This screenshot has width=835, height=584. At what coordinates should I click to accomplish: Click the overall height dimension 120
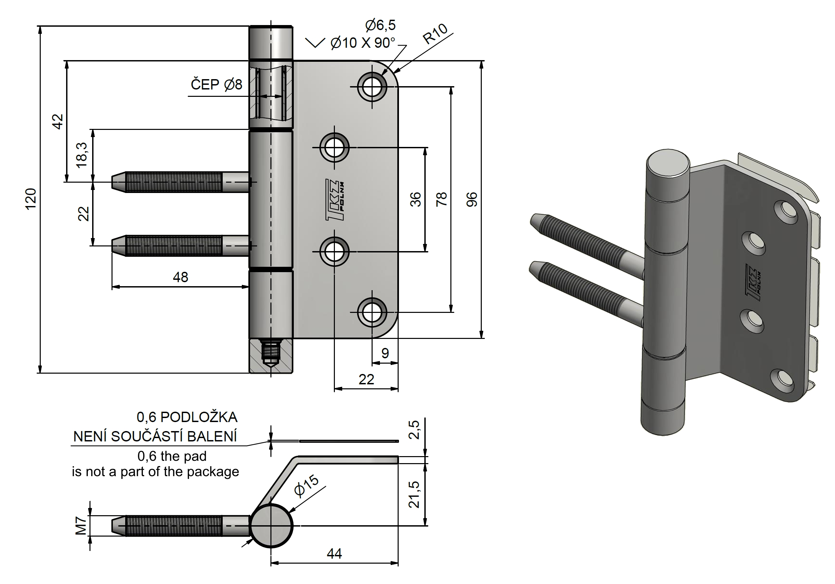pos(31,199)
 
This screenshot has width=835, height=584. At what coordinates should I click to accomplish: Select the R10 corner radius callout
pos(435,34)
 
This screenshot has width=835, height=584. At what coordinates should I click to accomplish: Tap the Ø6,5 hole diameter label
pos(380,25)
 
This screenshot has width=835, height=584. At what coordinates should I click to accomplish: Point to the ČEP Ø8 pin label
pos(216,85)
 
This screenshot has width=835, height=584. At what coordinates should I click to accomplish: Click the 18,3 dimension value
pos(82,155)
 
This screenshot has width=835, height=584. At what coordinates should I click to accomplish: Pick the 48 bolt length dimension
pos(180,277)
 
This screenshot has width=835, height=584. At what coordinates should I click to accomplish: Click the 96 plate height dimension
pos(472,199)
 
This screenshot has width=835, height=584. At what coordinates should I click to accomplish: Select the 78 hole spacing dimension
pos(441,199)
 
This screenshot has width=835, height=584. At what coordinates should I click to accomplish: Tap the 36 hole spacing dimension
pos(415,199)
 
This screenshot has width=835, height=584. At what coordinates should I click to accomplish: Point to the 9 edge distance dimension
pos(385,353)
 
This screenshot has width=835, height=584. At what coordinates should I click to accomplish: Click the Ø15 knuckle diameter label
pos(306,486)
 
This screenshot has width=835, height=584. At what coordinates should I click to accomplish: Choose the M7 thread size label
pos(81,526)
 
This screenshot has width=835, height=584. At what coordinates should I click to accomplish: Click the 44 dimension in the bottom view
pos(334,554)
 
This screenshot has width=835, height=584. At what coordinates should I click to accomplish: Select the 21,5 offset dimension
pos(414,495)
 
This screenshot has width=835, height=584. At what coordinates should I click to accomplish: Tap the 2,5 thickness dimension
pos(414,430)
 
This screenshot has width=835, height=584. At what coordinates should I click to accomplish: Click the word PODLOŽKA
pos(199,417)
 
